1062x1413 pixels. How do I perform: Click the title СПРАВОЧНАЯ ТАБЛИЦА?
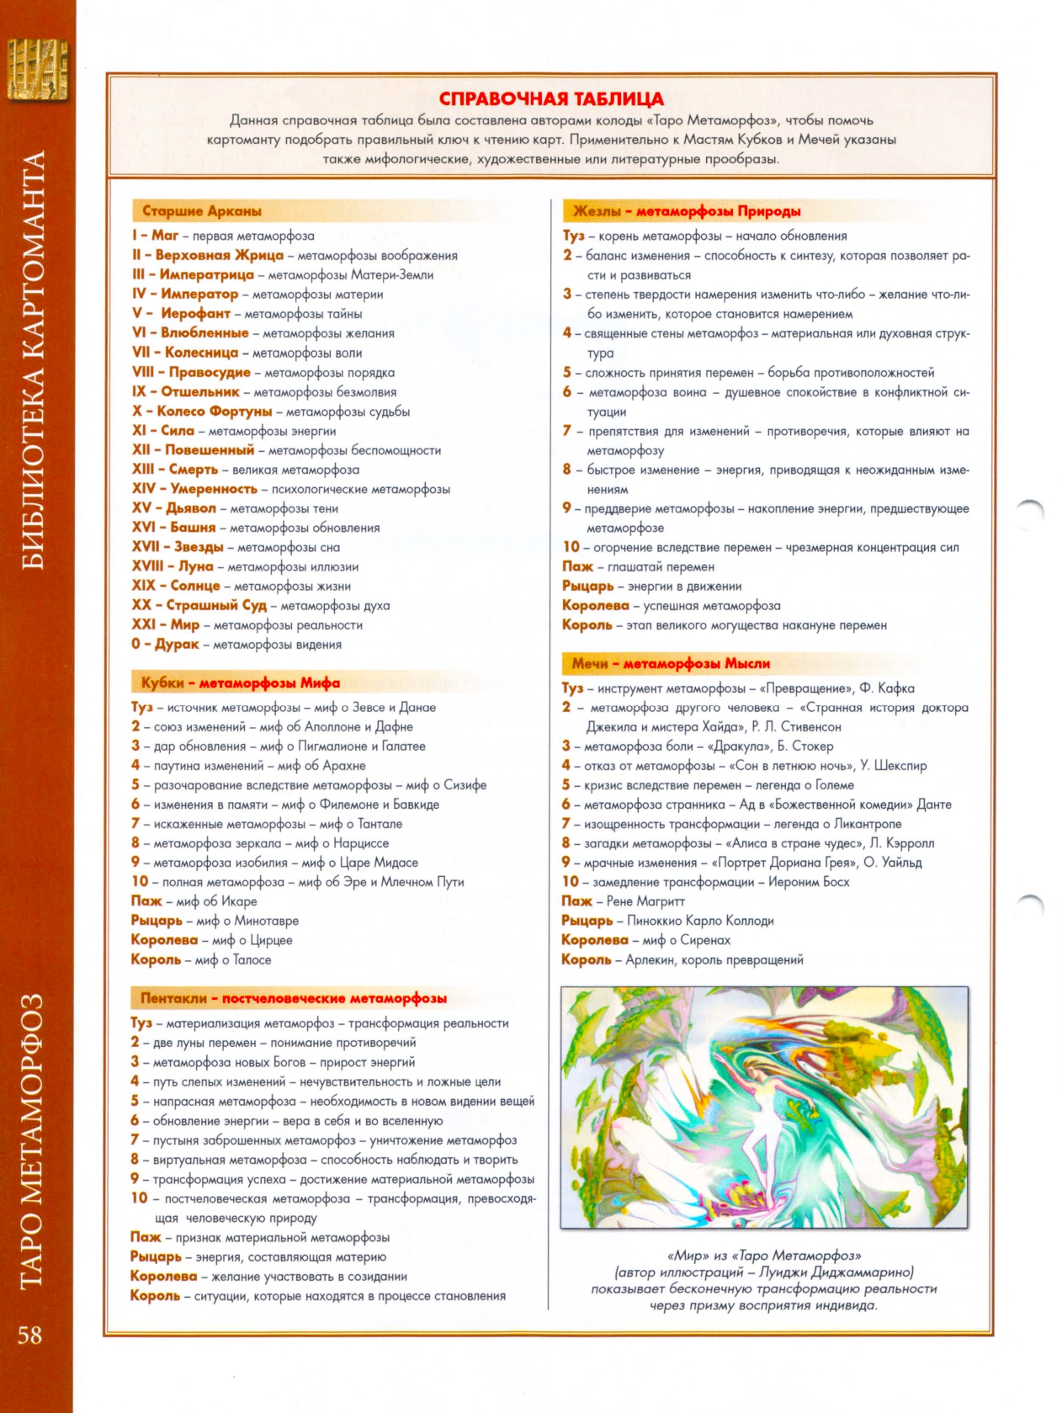551,98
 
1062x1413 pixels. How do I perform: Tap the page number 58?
30,1335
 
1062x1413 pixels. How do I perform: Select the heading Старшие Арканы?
202,211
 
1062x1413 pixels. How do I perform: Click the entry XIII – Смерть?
175,470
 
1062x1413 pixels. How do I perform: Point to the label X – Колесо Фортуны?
202,412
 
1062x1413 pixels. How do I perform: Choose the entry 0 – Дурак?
165,645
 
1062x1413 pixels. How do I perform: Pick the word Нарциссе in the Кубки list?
361,843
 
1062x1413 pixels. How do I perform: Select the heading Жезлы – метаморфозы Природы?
687,211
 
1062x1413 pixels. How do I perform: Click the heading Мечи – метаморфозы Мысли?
671,663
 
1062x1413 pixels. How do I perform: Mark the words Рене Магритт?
645,901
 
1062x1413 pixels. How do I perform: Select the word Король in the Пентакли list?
156,1296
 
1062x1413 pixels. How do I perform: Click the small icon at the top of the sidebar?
38,69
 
